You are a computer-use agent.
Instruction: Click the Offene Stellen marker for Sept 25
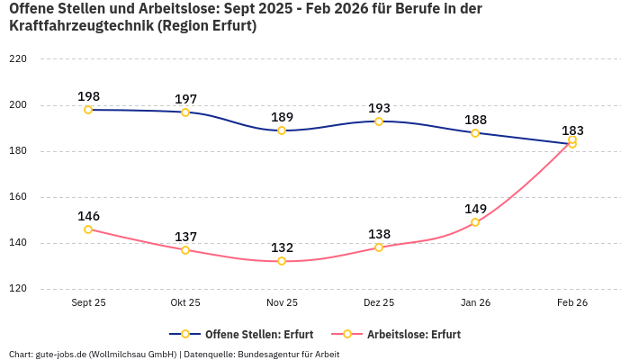point(88,110)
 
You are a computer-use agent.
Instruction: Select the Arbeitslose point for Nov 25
point(282,261)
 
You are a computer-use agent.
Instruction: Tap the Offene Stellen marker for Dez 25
point(379,121)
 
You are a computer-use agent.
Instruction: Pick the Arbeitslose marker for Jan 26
point(475,222)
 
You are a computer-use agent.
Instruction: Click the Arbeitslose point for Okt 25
point(185,250)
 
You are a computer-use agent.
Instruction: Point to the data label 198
point(88,96)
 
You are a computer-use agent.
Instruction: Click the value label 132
point(282,247)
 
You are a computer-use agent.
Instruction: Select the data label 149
point(475,209)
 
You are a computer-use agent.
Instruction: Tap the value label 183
point(572,130)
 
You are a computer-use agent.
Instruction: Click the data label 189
point(282,117)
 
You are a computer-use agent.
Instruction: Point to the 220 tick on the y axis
point(18,59)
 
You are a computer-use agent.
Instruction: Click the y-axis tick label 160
point(18,197)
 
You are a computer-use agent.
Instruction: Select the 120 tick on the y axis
point(18,289)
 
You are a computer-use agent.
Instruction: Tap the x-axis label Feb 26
point(572,303)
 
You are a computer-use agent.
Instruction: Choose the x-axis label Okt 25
point(185,303)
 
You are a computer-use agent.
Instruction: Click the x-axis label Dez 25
point(379,303)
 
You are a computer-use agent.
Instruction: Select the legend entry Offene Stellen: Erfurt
point(243,334)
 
